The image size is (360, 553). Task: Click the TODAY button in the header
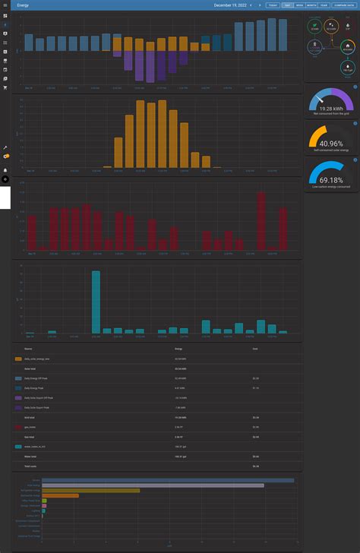coord(273,5)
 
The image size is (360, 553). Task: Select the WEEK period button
coord(299,5)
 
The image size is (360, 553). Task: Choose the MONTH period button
coord(311,5)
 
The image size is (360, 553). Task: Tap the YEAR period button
coord(324,5)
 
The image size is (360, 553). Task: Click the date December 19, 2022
coord(230,5)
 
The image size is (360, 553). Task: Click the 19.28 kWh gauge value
coord(331,109)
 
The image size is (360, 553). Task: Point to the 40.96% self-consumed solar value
coord(331,144)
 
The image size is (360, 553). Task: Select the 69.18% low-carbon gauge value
coord(331,180)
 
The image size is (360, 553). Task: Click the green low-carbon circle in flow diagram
coord(314,27)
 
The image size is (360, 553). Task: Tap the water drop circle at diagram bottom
coord(347,67)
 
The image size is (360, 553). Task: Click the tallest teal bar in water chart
coord(96,302)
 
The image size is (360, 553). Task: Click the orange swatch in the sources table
coord(18,358)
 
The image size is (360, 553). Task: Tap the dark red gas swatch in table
coord(18,428)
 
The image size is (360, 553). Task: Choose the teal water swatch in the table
coord(18,447)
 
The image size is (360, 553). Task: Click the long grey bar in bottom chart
coord(153,485)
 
